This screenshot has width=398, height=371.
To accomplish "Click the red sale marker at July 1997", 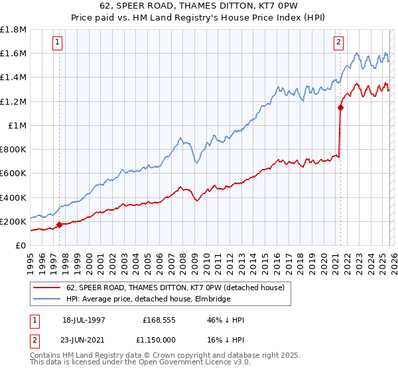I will click(x=60, y=225).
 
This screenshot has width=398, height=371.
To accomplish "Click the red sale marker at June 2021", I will click(x=340, y=107).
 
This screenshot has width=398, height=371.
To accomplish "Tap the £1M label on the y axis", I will click(x=17, y=125).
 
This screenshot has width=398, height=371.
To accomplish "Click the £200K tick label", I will click(x=13, y=221).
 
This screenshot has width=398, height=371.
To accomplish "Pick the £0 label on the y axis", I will click(x=21, y=245).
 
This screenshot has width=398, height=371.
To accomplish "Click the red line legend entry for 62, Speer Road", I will click(x=175, y=288).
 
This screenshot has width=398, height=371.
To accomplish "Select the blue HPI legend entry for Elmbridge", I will click(x=148, y=299).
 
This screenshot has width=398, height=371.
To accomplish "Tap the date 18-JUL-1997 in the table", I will click(x=84, y=320).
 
